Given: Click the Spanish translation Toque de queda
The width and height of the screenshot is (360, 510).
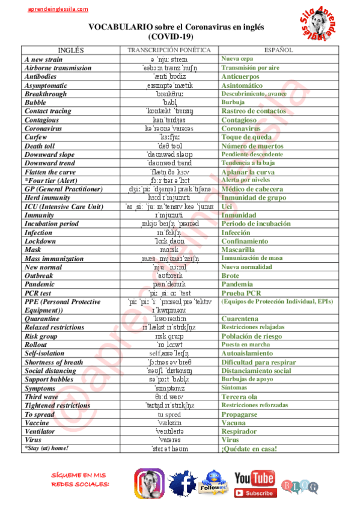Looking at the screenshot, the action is tap(246, 137).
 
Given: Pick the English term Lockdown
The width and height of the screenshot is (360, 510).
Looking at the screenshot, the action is tap(40, 241).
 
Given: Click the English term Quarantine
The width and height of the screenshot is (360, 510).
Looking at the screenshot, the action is tap(42, 319).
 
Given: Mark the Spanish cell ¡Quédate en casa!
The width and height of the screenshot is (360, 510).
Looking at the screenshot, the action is tap(249, 449).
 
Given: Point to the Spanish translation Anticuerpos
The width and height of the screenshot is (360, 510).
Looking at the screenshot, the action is tap(240, 77).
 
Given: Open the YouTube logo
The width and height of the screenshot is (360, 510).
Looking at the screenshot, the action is tap(255, 478).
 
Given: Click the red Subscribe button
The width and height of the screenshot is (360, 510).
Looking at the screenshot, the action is tap(255, 493).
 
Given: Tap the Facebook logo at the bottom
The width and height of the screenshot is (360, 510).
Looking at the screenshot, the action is tap(183, 484).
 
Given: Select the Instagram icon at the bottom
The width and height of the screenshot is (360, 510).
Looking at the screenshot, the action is tap(149, 484).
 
